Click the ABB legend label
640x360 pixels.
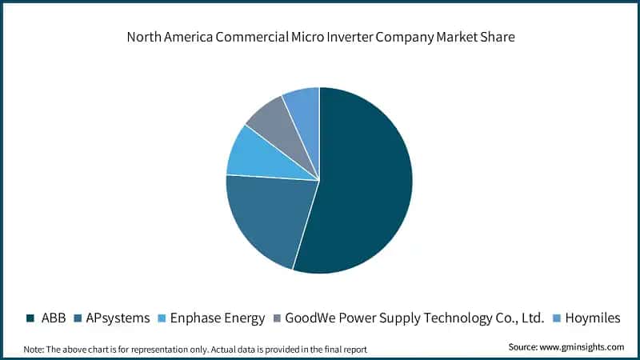click(54, 318)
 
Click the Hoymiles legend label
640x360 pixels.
click(593, 318)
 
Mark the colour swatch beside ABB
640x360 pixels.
click(31, 318)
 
